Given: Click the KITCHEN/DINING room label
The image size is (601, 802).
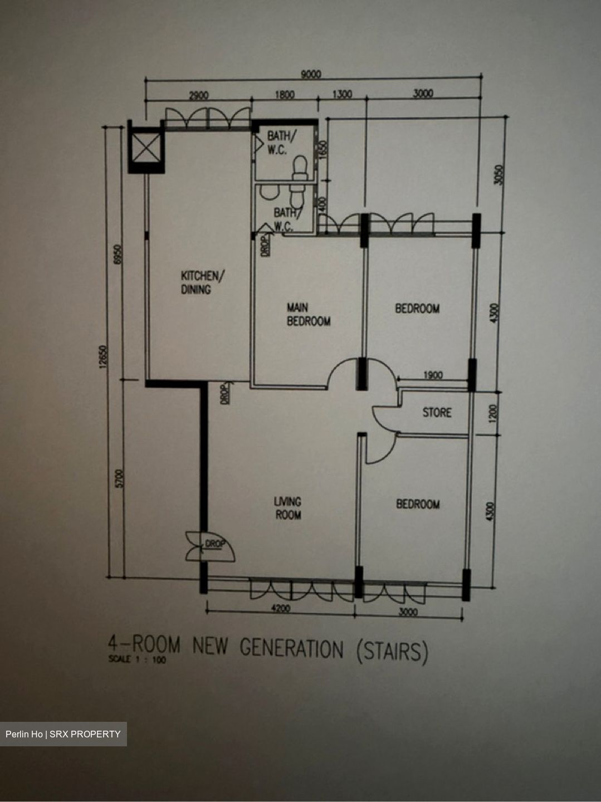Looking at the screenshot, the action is [203, 282].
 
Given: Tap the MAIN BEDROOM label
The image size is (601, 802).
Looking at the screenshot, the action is [309, 314].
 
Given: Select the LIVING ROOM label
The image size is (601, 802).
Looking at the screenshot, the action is [288, 508].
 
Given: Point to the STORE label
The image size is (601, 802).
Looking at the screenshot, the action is [437, 413].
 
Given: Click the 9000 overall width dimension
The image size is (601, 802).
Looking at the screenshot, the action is [311, 74].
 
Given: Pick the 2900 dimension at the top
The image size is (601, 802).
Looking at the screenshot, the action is [198, 95].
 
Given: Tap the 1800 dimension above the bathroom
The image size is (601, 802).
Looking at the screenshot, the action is [285, 95].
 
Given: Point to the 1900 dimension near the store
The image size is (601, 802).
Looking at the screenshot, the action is [433, 375].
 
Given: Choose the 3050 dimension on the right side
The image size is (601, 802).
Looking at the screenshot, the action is [499, 175].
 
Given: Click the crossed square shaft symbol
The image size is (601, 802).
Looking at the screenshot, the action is [146, 147].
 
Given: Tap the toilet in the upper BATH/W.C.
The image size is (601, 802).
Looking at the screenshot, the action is [300, 168].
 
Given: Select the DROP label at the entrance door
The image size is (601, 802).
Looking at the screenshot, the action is [215, 544].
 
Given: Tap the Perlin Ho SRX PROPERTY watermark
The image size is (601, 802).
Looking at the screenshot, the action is [63, 734].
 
